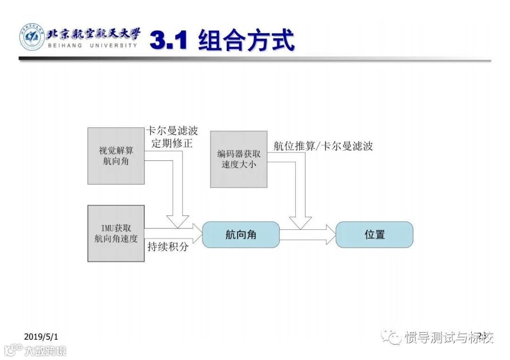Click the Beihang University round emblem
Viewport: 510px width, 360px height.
(x=32, y=37)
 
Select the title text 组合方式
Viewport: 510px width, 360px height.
(x=246, y=41)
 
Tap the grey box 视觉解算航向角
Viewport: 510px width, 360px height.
(x=116, y=156)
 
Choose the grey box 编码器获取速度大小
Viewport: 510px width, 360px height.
(x=238, y=159)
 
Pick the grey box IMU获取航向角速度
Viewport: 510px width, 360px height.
(x=116, y=233)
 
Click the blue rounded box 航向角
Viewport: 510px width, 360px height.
(x=241, y=234)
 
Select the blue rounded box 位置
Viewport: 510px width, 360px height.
(x=374, y=234)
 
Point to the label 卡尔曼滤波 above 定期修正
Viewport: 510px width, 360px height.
(x=172, y=131)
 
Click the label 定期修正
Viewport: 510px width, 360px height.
(x=172, y=143)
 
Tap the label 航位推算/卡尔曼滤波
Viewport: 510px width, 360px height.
(x=323, y=146)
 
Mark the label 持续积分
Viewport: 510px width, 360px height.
(x=168, y=247)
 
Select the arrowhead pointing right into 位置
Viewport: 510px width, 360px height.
(x=329, y=234)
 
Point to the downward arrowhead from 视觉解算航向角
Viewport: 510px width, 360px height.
(x=178, y=220)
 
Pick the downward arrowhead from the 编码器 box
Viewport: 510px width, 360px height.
(x=300, y=222)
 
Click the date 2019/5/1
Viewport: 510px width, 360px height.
(x=41, y=336)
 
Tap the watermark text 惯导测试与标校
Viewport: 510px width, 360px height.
(x=449, y=337)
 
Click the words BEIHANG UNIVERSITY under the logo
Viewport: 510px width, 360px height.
(x=93, y=45)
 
